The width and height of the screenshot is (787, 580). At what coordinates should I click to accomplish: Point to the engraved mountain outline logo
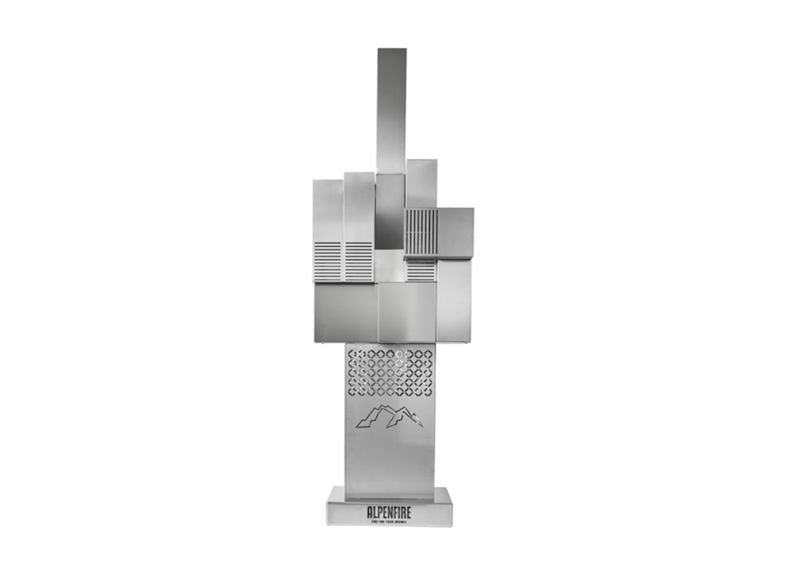389,417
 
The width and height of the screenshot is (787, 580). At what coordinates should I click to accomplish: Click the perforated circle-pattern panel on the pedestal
389,370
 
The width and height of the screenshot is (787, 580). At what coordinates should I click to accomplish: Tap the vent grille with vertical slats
420,232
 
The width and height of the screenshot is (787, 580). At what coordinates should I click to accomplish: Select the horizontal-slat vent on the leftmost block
327,261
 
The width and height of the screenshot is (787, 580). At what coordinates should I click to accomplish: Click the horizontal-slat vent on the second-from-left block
359,261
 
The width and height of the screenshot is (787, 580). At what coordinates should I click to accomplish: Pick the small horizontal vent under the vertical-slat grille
420,270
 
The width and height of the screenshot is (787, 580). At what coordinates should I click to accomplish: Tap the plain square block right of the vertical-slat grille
455,232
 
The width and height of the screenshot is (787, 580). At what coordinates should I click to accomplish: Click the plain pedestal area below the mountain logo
389,460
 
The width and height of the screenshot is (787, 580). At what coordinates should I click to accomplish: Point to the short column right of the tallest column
421,182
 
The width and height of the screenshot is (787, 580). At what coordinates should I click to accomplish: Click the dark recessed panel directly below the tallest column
389,211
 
